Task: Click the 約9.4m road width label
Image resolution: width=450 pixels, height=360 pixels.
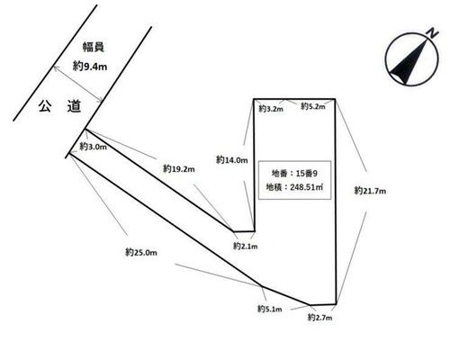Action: (90, 66)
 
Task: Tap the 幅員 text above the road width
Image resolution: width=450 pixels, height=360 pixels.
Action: (94, 47)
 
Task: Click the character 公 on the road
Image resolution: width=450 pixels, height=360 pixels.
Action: (45, 106)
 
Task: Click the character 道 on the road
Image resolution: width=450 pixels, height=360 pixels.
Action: (74, 106)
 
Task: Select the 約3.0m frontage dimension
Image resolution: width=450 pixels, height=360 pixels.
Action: (93, 147)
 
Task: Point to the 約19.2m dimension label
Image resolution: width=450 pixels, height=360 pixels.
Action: (179, 168)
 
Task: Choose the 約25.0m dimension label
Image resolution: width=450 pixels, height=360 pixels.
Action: (141, 252)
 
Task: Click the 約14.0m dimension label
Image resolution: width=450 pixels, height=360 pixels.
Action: (232, 160)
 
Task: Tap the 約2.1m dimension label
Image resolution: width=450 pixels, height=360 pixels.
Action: (246, 246)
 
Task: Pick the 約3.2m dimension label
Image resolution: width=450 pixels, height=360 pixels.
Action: (271, 108)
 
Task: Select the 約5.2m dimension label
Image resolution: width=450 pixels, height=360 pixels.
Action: (313, 106)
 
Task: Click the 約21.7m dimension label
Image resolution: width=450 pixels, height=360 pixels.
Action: (370, 191)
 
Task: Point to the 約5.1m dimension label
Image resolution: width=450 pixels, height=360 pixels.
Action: (270, 309)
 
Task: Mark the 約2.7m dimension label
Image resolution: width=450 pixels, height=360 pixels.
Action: (319, 317)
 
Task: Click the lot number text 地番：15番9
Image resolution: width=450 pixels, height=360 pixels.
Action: (294, 173)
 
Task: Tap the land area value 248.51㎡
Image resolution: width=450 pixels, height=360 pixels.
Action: (307, 187)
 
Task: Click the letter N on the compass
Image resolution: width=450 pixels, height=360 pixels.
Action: (432, 32)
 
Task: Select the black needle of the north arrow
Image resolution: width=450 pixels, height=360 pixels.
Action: (408, 62)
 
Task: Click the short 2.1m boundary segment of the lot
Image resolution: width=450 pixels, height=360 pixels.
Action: (244, 231)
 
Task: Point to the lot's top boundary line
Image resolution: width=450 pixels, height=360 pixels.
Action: (294, 99)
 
